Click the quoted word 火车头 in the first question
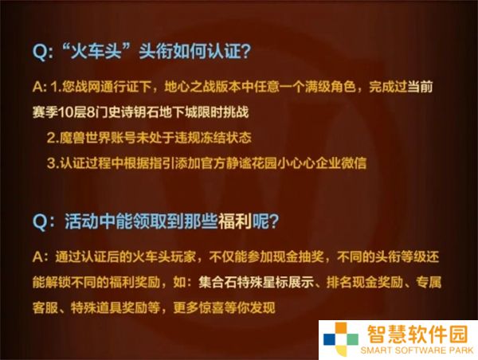pos(96,50)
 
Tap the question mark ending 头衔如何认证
pos(245,51)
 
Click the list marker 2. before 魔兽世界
pos(53,138)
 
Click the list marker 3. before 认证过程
pos(53,163)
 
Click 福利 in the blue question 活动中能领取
pos(235,221)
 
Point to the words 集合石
pos(217,283)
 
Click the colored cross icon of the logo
pos(341,339)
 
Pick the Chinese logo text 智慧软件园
pos(417,334)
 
